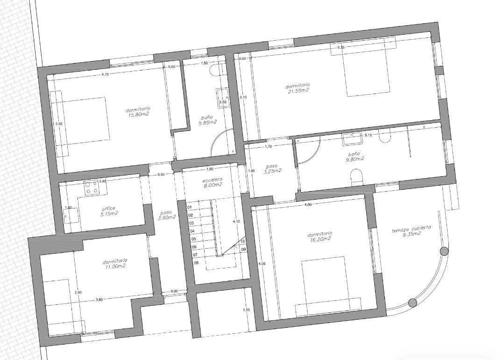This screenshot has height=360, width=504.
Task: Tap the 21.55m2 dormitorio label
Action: point(298,88)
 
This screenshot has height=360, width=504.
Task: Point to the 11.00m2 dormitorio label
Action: point(115,263)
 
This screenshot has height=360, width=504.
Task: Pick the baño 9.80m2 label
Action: point(355,156)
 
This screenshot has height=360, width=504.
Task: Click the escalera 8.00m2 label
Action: point(213,182)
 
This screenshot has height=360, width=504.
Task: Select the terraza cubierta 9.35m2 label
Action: point(411,231)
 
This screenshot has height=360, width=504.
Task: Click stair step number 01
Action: point(190,207)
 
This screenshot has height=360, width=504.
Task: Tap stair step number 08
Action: point(196,263)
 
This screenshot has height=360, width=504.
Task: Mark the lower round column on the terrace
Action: point(412,303)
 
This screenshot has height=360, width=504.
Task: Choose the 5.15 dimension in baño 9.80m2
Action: point(368,136)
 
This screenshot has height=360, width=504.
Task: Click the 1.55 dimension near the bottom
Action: point(247,310)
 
